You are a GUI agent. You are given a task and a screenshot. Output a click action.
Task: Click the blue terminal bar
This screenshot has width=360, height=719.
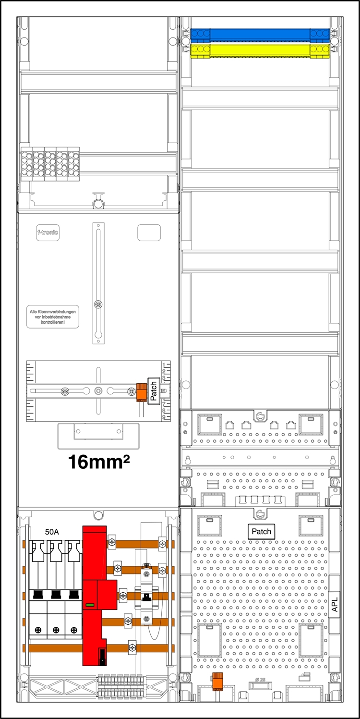(259, 34)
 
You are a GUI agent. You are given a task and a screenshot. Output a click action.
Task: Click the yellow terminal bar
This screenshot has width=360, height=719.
(259, 50)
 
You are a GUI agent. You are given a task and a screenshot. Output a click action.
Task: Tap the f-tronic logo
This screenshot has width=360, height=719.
(48, 233)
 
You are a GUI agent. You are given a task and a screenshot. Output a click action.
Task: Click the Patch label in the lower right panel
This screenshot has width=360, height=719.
(261, 531)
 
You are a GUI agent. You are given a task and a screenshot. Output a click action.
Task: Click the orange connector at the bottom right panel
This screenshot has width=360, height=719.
(218, 682)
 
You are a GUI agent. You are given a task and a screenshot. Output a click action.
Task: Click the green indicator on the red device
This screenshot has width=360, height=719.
(89, 606)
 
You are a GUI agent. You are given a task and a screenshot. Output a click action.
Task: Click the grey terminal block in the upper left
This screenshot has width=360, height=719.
(50, 164)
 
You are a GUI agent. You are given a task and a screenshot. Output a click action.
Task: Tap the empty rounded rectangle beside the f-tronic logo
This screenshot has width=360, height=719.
(149, 232)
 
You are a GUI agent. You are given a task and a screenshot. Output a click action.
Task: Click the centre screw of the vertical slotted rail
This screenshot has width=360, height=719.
(98, 304)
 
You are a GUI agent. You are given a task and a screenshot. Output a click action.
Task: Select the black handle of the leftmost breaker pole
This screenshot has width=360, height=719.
(38, 594)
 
